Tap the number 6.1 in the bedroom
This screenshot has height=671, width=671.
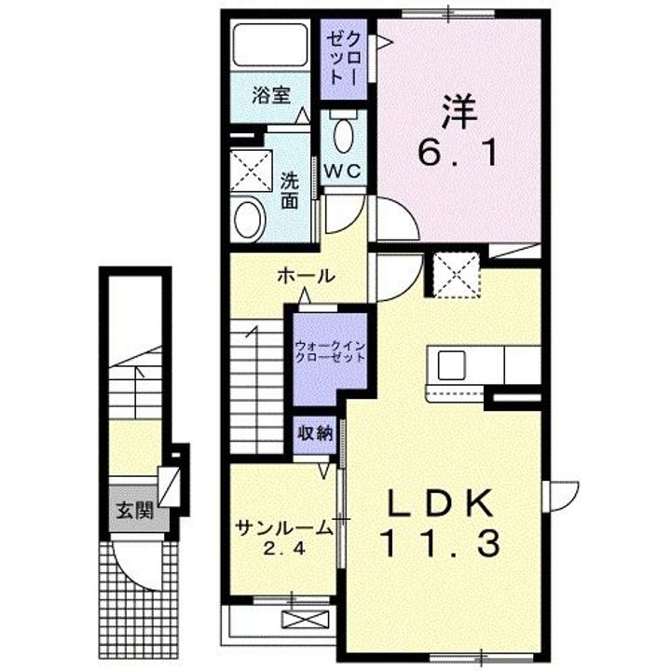coord(457,153)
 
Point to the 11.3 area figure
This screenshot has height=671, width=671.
coord(440,543)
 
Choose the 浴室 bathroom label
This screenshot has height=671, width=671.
coord(271,95)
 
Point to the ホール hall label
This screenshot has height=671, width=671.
coord(306,277)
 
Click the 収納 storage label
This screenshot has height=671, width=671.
coord(314,432)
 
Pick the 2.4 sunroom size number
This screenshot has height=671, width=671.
coord(284,549)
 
